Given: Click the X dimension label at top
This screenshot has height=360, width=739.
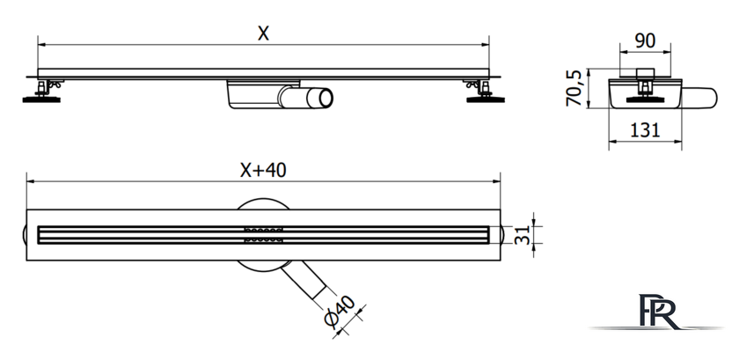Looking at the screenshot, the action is [x=263, y=33].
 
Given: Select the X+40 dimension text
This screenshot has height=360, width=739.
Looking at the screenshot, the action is [x=263, y=170].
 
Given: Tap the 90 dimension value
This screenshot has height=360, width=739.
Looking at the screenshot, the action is [x=645, y=41].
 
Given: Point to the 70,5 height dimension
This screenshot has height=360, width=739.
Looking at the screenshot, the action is [x=574, y=88].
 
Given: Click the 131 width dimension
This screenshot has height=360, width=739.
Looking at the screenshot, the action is [x=645, y=129].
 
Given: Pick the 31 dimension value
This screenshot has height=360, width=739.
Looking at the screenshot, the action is [x=521, y=234].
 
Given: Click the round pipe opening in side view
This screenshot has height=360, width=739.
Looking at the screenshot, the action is [x=326, y=99].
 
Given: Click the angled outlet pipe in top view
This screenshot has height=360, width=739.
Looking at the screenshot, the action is [x=305, y=280].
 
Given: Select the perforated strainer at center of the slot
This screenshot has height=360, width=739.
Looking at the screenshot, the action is [x=263, y=234].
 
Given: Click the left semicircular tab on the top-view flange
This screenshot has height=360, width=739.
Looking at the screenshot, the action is [x=24, y=234].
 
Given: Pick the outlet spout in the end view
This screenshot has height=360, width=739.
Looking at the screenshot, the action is [x=699, y=98].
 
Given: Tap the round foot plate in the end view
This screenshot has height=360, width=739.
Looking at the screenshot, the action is [x=645, y=99].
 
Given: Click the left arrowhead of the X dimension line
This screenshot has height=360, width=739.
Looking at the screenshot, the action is [x=41, y=45].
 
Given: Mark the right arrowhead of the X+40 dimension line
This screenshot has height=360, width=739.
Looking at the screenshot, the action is [x=496, y=181].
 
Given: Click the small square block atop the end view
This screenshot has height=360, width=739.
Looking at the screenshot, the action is [x=645, y=73].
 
